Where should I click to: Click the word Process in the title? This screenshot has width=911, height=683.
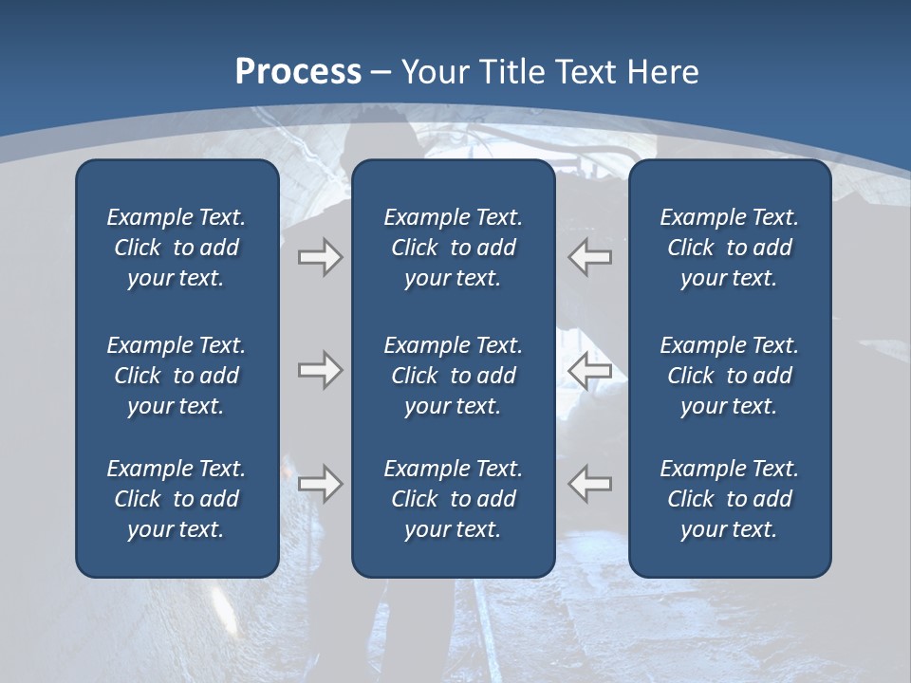[298, 72]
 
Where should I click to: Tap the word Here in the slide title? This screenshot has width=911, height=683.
[663, 72]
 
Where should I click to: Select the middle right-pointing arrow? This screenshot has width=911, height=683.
[320, 370]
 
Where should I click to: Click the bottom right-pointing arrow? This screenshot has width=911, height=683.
[320, 484]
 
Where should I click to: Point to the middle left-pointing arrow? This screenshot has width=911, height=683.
[589, 370]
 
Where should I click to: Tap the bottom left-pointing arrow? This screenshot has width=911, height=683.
[589, 484]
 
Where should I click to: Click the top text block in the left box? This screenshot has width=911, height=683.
[177, 248]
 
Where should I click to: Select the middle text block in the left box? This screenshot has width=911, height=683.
[177, 376]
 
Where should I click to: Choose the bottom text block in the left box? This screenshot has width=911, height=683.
[177, 499]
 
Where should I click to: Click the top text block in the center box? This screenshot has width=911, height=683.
[453, 248]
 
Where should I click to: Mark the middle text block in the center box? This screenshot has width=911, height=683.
[453, 376]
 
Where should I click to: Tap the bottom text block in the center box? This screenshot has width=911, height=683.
[453, 499]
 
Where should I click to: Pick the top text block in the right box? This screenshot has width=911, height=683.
[729, 248]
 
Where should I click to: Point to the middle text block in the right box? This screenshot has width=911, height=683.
[729, 376]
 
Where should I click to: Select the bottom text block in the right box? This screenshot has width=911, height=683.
[729, 499]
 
